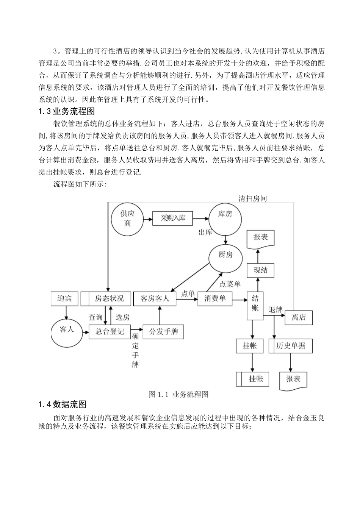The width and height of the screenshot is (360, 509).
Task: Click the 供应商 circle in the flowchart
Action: point(128,219)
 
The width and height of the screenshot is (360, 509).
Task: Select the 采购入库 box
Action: point(172,219)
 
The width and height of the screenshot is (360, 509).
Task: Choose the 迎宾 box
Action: point(64,298)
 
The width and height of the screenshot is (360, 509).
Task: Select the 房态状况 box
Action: point(105,298)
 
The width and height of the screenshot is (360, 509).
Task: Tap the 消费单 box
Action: point(215,298)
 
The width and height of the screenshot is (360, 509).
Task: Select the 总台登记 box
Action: point(110,331)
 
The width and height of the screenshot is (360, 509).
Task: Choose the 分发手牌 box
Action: point(163,331)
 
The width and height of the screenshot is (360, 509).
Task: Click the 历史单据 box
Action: point(291,346)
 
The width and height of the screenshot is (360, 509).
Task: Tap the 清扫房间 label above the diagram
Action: point(252,198)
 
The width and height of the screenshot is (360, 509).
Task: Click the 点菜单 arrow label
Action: point(230,284)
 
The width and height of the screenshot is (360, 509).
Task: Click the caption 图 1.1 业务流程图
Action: point(179,394)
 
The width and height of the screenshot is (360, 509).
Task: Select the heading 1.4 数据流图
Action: point(63,404)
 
